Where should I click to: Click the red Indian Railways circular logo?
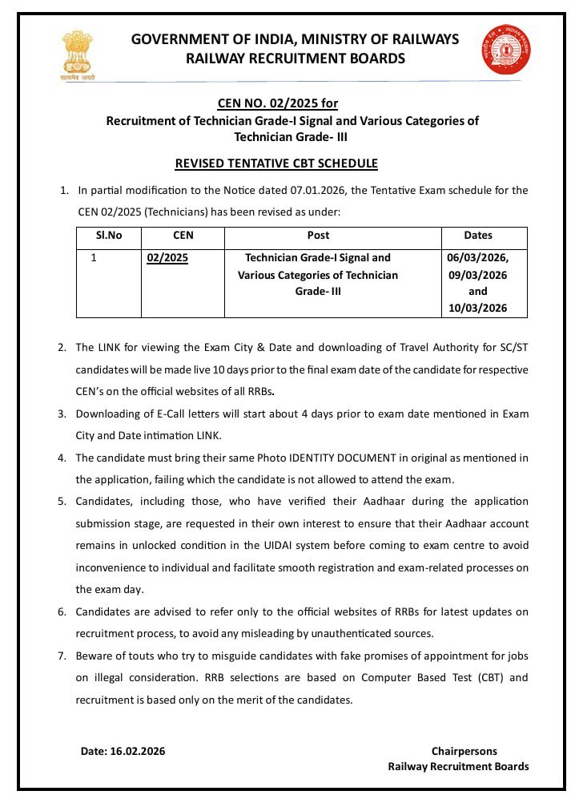(x=506, y=49)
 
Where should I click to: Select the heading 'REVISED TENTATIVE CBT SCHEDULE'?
(x=276, y=163)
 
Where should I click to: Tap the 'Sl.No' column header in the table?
(x=109, y=236)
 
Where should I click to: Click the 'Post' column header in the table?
(x=318, y=236)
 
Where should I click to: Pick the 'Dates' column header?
(x=478, y=236)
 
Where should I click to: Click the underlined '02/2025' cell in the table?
(x=167, y=258)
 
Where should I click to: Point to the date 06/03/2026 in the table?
(x=477, y=258)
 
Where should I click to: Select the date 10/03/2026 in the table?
(x=477, y=309)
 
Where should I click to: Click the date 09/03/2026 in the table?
(x=478, y=275)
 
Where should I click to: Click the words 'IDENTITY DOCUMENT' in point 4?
(x=343, y=458)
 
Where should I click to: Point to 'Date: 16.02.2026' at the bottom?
(x=123, y=752)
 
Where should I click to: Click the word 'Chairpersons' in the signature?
(x=464, y=752)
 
